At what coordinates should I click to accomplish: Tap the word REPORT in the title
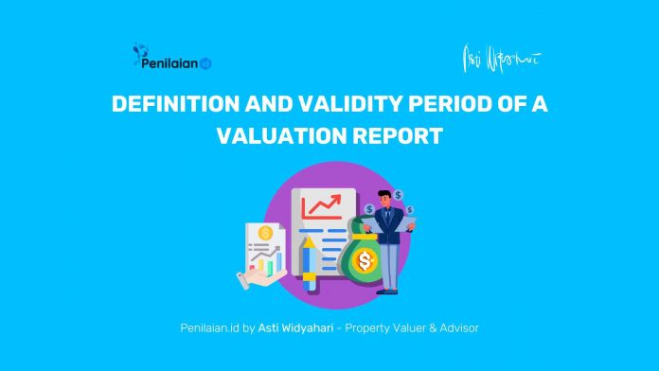(397, 135)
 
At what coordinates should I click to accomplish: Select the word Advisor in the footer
(456, 327)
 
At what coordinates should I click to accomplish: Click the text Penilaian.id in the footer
(207, 327)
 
